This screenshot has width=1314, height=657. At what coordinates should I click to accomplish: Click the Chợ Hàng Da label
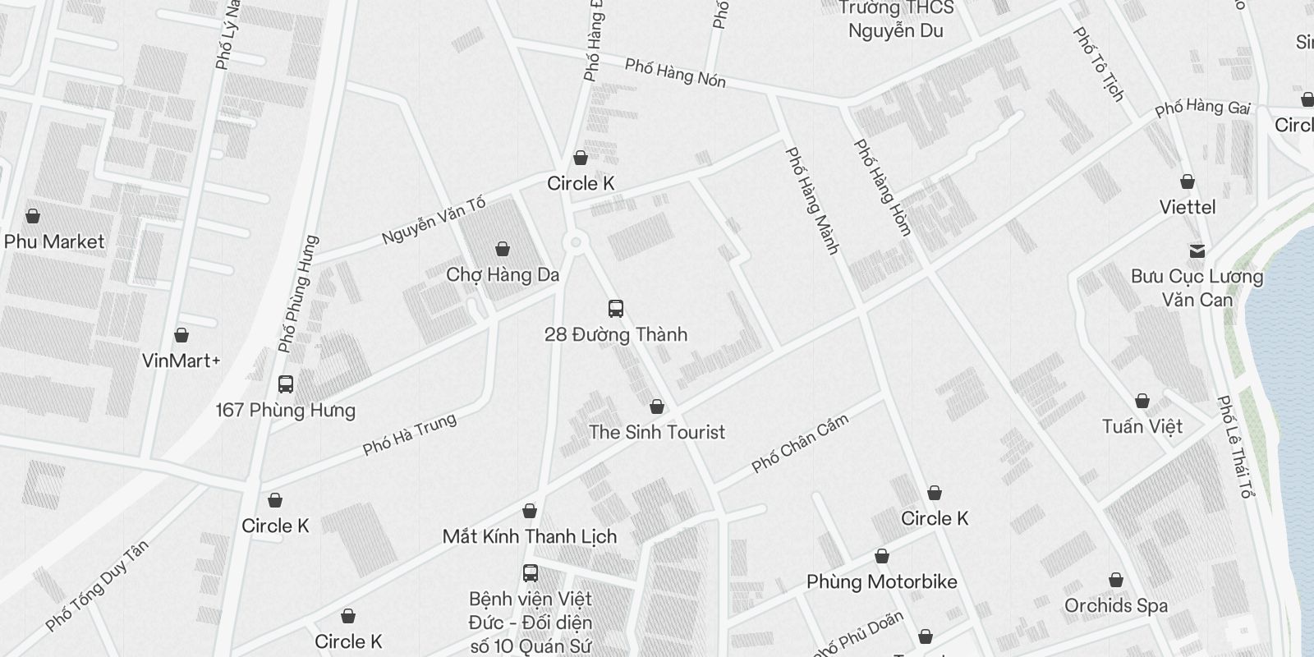pos(503,274)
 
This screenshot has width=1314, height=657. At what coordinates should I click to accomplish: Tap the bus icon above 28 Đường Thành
pos(616,309)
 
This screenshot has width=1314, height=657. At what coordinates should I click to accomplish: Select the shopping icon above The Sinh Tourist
pos(657,407)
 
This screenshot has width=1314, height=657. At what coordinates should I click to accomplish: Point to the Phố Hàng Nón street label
pos(675,72)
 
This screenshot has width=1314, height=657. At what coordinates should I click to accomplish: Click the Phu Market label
pos(54,241)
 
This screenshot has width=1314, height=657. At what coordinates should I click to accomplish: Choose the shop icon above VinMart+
pos(181,335)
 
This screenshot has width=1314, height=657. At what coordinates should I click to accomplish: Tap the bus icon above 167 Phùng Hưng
pos(286,384)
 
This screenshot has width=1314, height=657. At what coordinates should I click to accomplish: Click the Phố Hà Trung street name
pos(409,435)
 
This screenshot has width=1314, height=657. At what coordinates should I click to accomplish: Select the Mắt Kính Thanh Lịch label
pos(530,536)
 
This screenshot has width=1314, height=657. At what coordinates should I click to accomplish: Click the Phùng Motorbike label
pos(882,582)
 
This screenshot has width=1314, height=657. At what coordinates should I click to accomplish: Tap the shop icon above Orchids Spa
pos(1116,581)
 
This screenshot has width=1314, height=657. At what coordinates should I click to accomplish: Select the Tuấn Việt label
pos(1142,426)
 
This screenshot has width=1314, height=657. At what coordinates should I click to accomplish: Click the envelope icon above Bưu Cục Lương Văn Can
pos(1197,250)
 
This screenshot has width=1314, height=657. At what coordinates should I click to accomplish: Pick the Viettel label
pos(1188,207)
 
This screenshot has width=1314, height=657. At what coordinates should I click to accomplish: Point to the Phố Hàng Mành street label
pos(812,200)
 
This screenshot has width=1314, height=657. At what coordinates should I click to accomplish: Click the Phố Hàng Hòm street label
pos(883,187)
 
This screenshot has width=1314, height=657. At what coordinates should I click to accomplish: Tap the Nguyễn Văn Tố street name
pos(434,220)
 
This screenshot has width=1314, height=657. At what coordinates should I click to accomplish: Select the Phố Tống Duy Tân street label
pos(98,586)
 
